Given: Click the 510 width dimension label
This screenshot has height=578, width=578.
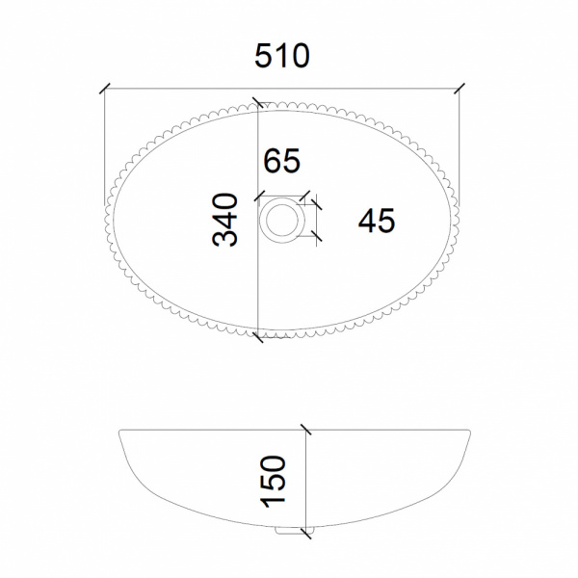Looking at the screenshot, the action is tap(282, 56).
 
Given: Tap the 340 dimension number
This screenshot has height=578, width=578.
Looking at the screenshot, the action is tap(225, 220).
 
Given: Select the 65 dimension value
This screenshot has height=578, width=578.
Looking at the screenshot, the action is tap(282, 160).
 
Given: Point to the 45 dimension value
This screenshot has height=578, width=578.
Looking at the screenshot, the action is tap(377, 221).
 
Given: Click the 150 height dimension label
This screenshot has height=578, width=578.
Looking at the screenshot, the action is tap(274, 482).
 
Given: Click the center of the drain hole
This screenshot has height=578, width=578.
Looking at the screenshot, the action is tap(282, 221).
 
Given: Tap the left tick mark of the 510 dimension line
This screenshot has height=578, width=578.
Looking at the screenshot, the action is tap(105, 89).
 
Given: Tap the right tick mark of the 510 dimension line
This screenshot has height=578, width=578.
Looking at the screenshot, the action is tap(460, 89).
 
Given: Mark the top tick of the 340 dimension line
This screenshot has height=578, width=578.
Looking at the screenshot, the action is tap(258, 102).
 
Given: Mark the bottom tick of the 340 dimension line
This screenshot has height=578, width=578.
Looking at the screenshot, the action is tap(258, 337).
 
